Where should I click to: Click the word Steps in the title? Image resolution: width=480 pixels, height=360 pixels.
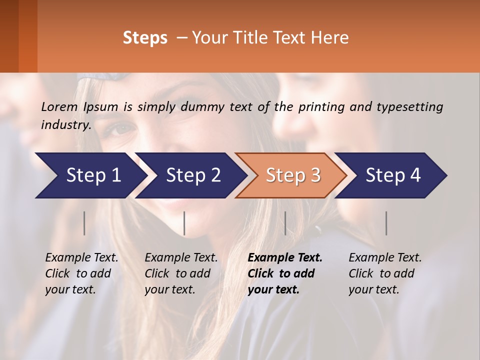click(145, 38)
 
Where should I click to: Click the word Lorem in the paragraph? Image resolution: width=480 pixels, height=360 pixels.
click(59, 107)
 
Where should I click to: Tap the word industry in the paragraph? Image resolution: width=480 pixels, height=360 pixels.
click(65, 124)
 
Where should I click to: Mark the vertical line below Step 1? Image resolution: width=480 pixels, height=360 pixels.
click(84, 223)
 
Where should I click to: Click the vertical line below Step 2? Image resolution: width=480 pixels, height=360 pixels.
click(184, 223)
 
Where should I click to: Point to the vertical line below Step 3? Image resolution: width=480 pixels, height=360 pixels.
click(285, 223)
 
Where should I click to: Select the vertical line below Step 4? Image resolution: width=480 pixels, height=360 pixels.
click(386, 223)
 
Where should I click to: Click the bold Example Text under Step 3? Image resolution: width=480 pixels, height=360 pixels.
click(285, 258)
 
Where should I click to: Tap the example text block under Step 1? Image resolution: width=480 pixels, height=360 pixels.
click(81, 273)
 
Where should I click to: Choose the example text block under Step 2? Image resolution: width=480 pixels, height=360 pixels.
click(181, 273)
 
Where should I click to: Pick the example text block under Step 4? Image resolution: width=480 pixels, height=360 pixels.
click(385, 273)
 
